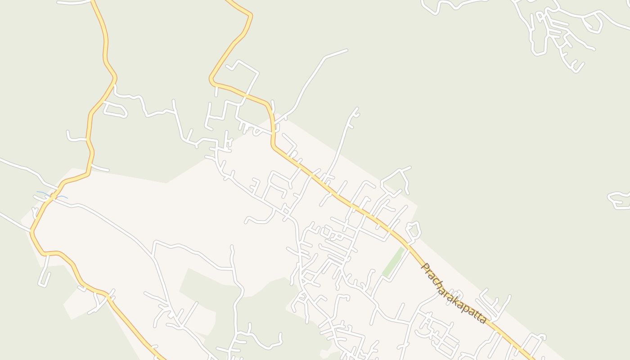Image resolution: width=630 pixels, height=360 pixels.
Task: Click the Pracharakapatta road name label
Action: pyautogui.click(x=453, y=293)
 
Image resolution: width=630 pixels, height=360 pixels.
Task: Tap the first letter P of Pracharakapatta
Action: pyautogui.click(x=424, y=266)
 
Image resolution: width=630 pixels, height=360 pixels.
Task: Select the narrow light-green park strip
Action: pyautogui.click(x=393, y=262)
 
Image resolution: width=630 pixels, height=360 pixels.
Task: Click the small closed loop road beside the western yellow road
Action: pyautogui.click(x=115, y=109)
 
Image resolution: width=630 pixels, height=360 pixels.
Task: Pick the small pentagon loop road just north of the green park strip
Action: pyautogui.click(x=414, y=230)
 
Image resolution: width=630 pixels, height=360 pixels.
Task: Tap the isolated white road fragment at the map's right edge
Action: pyautogui.click(x=620, y=200)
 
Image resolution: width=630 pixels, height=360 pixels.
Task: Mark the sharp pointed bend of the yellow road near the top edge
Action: pyautogui.click(x=250, y=16)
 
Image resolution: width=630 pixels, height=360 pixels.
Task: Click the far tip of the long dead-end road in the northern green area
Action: pyautogui.click(x=346, y=50)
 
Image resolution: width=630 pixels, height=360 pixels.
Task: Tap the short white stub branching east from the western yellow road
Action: pyautogui.click(x=100, y=168)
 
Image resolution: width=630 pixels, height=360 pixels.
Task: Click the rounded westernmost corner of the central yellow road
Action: pyautogui.click(x=211, y=81)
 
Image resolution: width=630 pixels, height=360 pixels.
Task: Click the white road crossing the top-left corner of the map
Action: pyautogui.click(x=74, y=2)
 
